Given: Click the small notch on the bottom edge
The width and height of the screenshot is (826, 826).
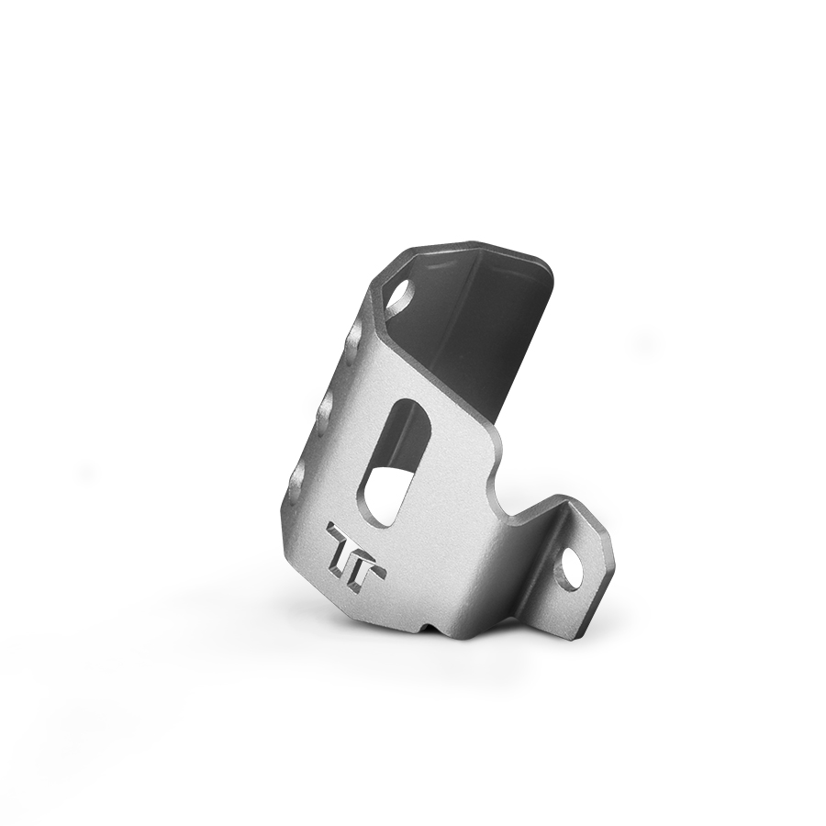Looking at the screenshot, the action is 429,627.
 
